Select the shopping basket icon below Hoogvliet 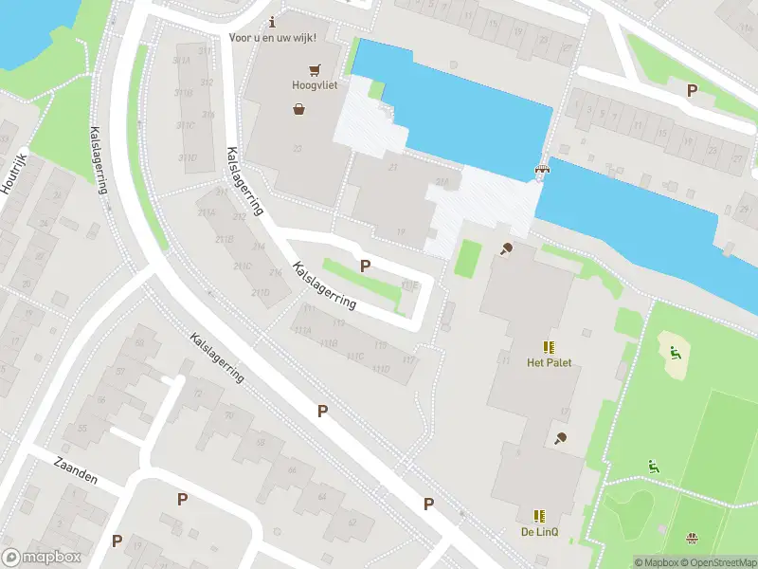[x=299, y=109]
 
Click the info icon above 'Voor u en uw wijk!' [x=273, y=21]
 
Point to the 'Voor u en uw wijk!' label [x=273, y=37]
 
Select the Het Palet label [x=549, y=362]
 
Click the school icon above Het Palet [x=548, y=347]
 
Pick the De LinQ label [x=539, y=532]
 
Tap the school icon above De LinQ [x=539, y=516]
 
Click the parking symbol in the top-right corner [x=692, y=90]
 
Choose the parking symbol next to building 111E [x=365, y=266]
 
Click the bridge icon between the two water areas [x=542, y=171]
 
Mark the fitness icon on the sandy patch [x=675, y=355]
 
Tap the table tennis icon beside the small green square [x=507, y=249]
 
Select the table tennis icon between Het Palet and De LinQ [x=562, y=438]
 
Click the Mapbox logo [x=42, y=558]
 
